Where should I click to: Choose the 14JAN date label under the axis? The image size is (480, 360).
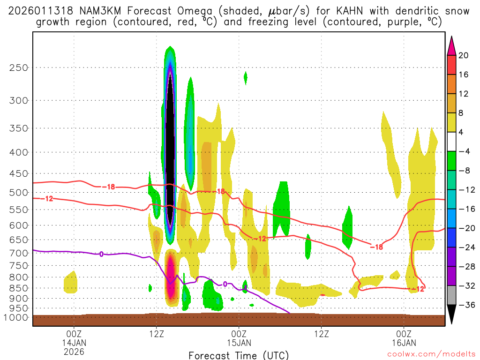point(74,342)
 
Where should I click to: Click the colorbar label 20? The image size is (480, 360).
point(464,55)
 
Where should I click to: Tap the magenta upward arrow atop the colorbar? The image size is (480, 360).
point(451,45)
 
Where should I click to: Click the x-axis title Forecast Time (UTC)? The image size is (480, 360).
point(239,355)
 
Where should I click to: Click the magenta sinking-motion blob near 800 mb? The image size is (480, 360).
point(171,277)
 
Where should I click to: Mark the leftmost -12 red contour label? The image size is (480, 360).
point(48,199)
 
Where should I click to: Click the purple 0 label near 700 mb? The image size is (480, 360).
point(101,254)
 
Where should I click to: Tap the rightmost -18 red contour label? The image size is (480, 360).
point(377,247)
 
